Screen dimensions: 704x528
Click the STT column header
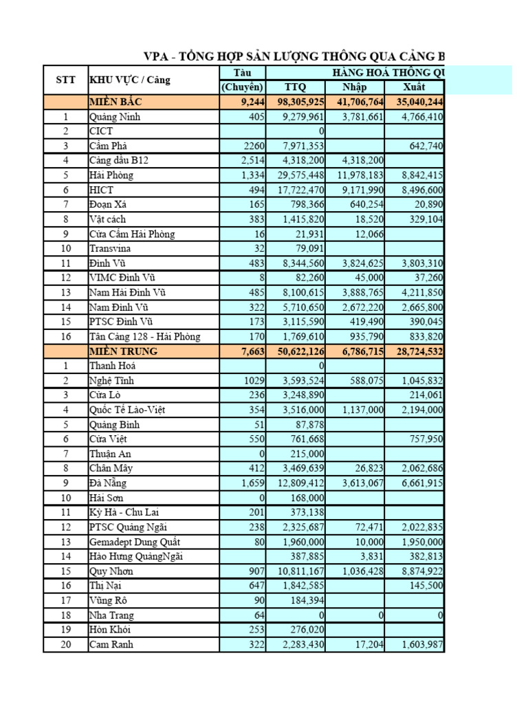pos(65,80)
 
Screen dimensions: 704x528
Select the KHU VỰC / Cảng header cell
pos(129,80)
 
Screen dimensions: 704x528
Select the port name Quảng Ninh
pos(114,117)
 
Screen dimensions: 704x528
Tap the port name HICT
pos(101,190)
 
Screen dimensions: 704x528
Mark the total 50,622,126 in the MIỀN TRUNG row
pos(297,351)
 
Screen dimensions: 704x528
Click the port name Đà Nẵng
pos(107,483)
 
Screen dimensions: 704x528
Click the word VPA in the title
pos(155,56)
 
